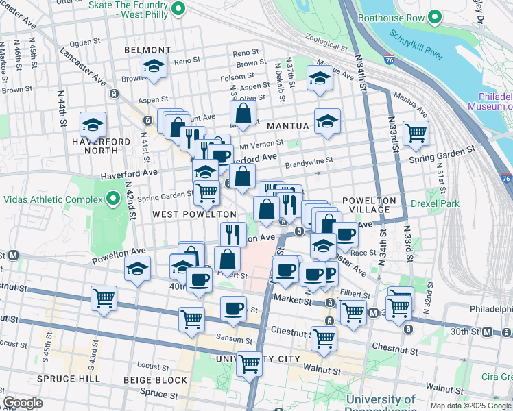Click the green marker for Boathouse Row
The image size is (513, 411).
[434, 17]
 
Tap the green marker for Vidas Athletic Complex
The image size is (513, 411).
[113, 199]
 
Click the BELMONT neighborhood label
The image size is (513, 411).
[147, 50]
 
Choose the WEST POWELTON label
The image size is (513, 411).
[184, 214]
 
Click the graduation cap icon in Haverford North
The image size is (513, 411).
[93, 125]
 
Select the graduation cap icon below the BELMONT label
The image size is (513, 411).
[154, 66]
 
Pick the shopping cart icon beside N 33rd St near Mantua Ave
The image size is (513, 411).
[416, 133]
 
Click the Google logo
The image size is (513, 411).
[23, 403]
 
